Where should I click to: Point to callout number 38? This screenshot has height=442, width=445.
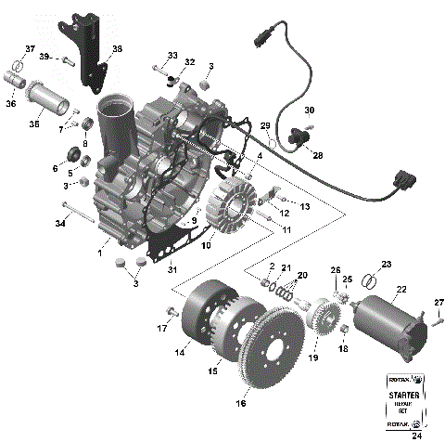(x=116, y=49)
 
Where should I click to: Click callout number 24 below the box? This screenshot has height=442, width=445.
(x=402, y=433)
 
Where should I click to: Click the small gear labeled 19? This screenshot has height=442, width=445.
(x=324, y=331)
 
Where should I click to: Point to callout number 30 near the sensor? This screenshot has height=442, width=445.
(x=310, y=109)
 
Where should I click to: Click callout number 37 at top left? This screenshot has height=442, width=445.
(x=31, y=49)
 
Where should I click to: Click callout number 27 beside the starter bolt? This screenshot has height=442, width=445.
(x=439, y=304)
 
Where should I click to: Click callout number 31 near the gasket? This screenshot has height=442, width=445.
(x=171, y=269)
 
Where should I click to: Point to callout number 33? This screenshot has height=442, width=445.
(x=172, y=56)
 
